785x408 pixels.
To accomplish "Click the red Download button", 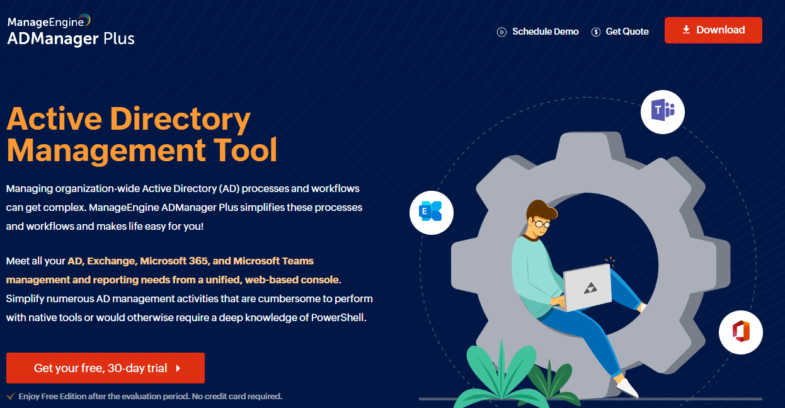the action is point(713,30).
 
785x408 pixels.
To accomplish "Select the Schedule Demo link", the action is point(538,31).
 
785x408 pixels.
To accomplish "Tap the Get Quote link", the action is point(620,31).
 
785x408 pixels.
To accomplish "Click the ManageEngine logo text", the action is point(49,21).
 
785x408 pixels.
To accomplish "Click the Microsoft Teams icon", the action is point(662,111).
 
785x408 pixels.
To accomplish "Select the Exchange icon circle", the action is point(431,213).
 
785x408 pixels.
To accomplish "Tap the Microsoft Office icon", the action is point(740,332).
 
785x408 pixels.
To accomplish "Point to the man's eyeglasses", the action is point(542,224).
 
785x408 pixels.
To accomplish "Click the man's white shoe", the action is point(627,387).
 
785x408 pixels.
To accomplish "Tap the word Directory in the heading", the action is point(180,119).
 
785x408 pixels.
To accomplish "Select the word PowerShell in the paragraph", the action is point(338,317).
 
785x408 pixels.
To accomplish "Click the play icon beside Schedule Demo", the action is point(501,32).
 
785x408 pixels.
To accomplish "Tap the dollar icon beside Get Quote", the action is point(596,32).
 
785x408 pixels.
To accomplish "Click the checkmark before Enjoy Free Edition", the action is point(11,396).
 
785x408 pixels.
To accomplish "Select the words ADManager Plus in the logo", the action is point(71,38).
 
